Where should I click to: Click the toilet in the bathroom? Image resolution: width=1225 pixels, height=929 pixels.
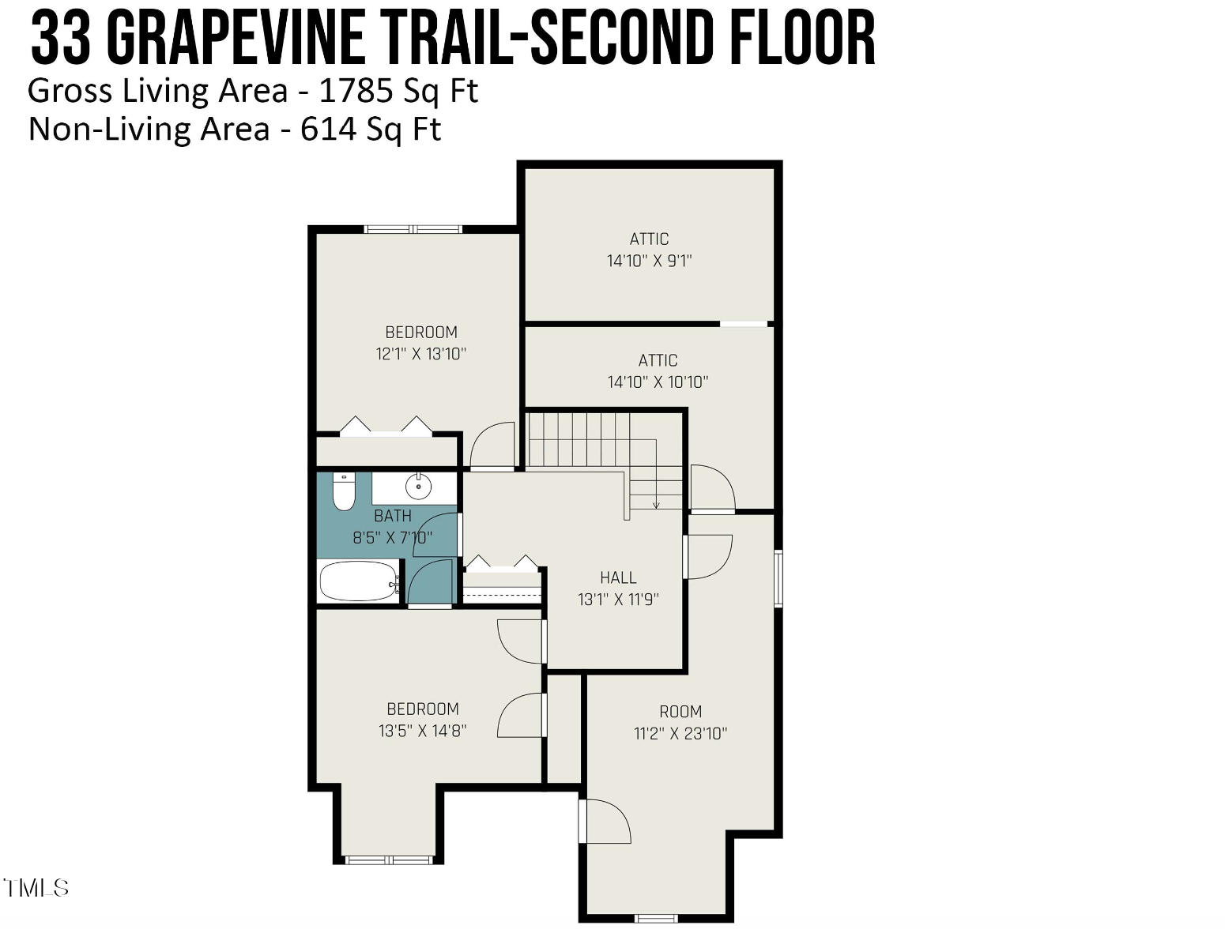[x=343, y=491]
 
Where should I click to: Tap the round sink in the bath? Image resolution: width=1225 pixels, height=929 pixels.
[x=418, y=487]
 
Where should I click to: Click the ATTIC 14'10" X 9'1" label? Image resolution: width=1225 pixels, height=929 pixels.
[x=649, y=250]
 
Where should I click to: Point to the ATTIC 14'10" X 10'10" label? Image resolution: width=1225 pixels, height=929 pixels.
[x=658, y=370]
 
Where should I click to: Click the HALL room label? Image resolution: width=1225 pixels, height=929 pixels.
[x=618, y=577]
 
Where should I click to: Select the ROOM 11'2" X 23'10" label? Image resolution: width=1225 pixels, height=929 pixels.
[x=680, y=722]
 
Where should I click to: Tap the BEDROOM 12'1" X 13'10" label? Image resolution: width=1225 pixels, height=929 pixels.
[x=420, y=343]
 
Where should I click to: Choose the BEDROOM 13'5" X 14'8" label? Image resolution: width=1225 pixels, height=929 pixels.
[x=423, y=720]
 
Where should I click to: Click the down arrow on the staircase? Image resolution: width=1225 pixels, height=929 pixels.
[x=656, y=474]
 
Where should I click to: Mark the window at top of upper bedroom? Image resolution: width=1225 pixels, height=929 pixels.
[x=413, y=228]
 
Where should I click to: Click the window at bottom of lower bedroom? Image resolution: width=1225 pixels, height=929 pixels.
[x=389, y=859]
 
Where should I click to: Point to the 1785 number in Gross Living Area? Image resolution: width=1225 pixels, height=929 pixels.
[x=356, y=91]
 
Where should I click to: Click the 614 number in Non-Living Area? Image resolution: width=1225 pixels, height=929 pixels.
[x=328, y=129]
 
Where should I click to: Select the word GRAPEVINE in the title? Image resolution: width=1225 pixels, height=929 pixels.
[x=235, y=39]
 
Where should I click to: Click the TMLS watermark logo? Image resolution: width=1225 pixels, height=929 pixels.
[x=36, y=888]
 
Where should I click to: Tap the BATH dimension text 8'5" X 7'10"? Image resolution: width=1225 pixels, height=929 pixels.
[x=393, y=537]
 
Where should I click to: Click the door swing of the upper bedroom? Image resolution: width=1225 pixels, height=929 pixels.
[x=492, y=444]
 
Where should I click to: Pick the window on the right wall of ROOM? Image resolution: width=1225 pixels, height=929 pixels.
[x=778, y=577]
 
